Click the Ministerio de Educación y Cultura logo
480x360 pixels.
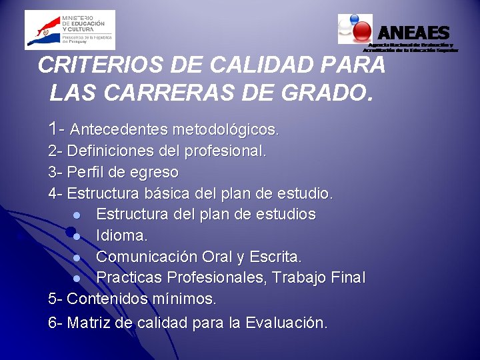[x=69, y=29]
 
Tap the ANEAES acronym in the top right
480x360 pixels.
[x=413, y=33]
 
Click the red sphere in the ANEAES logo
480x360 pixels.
[x=362, y=31]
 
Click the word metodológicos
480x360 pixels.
[x=225, y=128]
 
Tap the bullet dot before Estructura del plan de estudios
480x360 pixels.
[x=77, y=215]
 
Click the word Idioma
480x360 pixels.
[x=121, y=235]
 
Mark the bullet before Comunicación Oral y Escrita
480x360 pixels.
[x=77, y=257]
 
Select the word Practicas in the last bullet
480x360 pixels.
[x=129, y=277]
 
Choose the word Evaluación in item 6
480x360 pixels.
[x=286, y=323]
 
